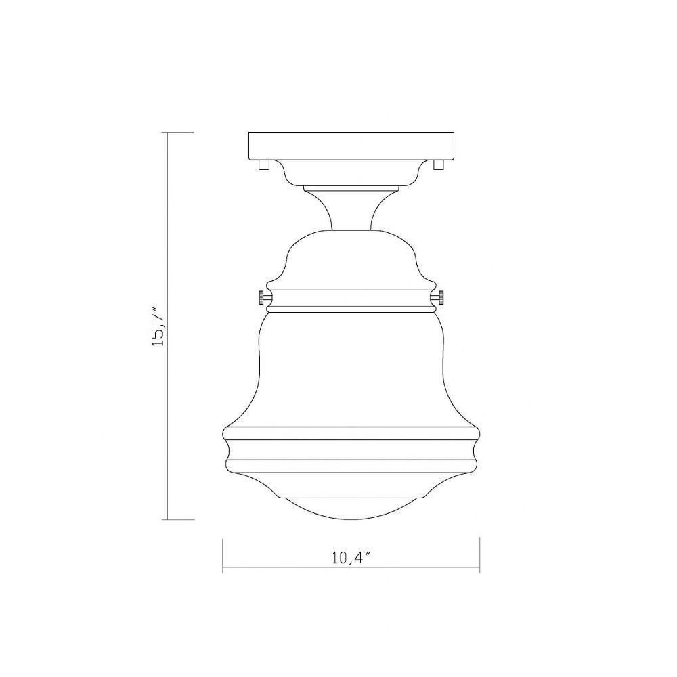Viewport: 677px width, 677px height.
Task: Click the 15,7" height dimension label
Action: tap(158, 326)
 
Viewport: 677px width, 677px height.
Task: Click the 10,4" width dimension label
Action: tap(351, 557)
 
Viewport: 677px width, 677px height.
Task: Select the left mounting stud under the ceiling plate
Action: tap(263, 165)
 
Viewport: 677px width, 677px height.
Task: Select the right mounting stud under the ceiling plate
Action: tap(439, 165)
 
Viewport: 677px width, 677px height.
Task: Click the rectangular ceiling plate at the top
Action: tap(351, 146)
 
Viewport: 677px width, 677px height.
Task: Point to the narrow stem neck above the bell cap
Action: tap(351, 210)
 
